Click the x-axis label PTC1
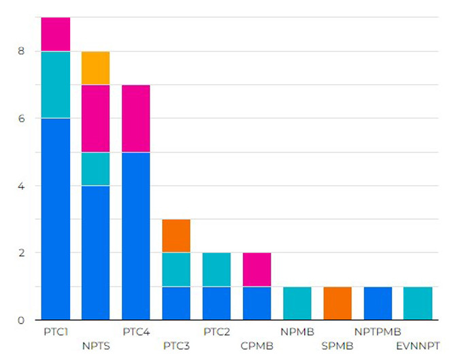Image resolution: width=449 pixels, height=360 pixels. tap(55, 332)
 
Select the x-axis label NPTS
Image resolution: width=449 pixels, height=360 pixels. tap(96, 345)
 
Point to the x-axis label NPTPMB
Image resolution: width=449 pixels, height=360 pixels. tap(378, 332)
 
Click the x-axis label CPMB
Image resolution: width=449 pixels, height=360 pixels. tap(256, 345)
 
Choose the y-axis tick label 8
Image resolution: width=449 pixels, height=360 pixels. tap(20, 51)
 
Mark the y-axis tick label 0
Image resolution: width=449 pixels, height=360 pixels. tap(20, 320)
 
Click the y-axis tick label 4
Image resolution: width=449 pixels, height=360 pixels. tap(20, 186)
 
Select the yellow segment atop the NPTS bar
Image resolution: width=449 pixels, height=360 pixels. tap(96, 68)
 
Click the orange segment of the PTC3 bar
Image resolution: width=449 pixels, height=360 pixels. tap(176, 235)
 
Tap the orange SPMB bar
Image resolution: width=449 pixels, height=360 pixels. tap(337, 303)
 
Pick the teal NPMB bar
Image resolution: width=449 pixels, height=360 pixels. tap(297, 303)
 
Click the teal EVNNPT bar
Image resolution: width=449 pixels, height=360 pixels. tap(418, 303)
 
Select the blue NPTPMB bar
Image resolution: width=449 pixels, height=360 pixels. tap(378, 303)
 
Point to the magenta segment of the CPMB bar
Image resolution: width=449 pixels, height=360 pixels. tap(256, 269)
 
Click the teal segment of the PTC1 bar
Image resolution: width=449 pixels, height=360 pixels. tap(55, 84)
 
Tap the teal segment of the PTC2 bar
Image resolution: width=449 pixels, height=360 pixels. tap(216, 269)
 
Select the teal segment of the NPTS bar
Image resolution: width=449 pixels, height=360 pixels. tap(96, 169)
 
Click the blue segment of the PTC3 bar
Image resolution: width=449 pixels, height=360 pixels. tap(176, 303)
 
